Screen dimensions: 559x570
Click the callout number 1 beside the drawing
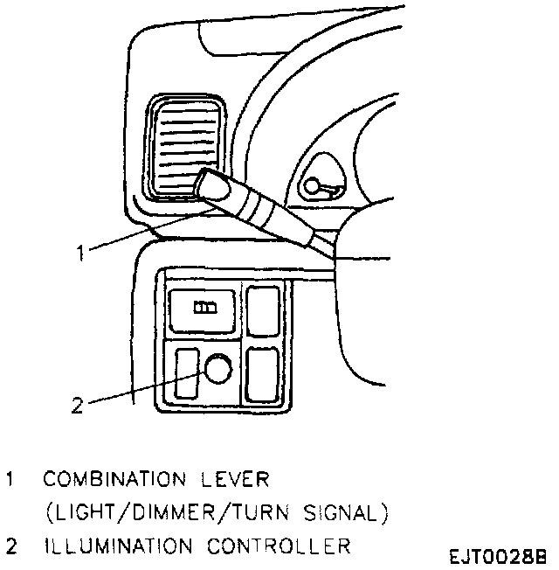tap(79, 253)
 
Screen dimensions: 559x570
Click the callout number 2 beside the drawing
tap(77, 405)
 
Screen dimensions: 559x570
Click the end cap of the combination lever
tap(210, 185)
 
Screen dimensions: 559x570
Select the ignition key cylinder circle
tap(312, 184)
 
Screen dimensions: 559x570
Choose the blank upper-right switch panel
tap(263, 309)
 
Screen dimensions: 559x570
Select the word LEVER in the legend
tap(237, 480)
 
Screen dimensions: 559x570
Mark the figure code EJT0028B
tap(499, 556)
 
